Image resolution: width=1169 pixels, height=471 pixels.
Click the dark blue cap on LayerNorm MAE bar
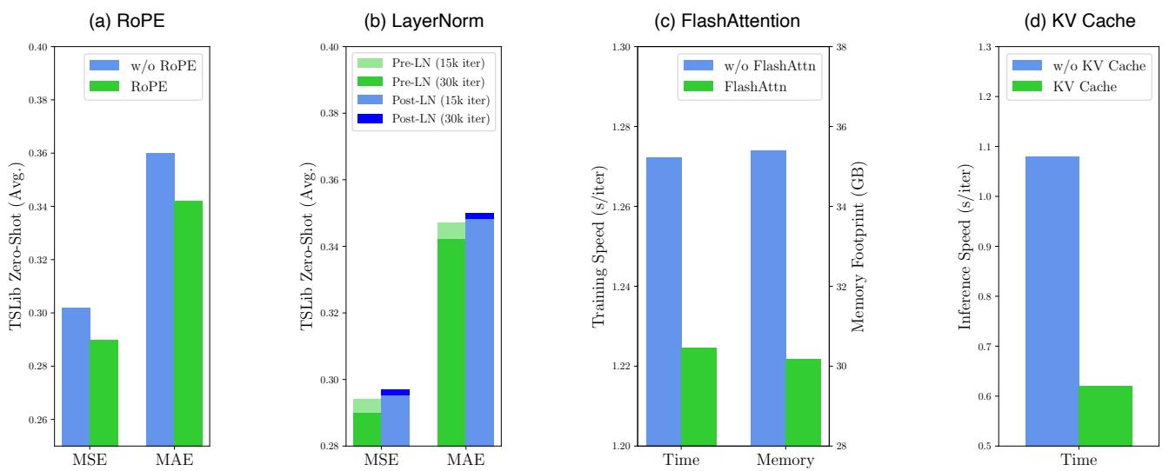click(479, 216)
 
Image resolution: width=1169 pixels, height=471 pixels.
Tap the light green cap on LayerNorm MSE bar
click(367, 406)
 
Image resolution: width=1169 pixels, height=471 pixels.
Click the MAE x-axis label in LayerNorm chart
click(465, 460)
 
